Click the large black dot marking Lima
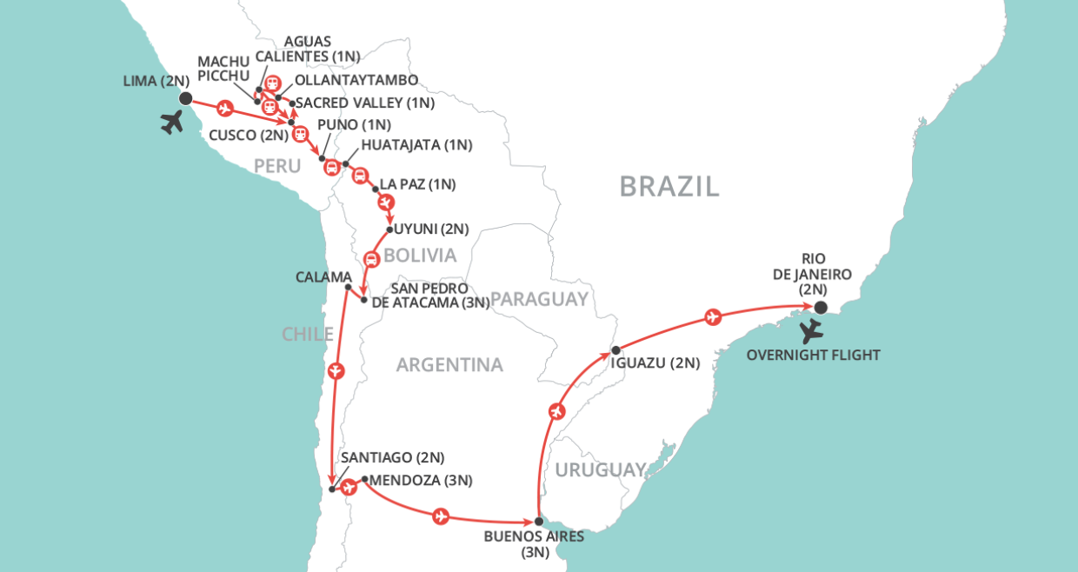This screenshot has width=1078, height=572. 185,99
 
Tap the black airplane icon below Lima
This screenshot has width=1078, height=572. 173,123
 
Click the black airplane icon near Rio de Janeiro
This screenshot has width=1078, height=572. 812,330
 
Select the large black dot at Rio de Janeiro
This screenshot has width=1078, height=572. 820,307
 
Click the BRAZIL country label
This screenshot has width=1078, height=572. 669,186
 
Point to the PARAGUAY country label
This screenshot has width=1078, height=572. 539,299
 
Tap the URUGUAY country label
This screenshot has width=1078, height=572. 601,469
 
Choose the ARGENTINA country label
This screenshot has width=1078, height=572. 449,365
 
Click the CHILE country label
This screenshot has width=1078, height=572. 308,335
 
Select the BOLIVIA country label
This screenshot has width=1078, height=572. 420,256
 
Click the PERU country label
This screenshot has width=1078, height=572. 277,165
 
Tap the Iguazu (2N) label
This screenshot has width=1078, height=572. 655,363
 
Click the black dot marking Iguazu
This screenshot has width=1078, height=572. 615,350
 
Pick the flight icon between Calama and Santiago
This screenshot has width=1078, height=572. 336,371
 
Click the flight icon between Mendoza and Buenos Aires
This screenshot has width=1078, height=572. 440,516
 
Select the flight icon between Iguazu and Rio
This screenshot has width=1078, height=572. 713,317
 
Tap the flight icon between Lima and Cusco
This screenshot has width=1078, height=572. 225,110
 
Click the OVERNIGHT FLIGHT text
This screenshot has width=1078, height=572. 814,355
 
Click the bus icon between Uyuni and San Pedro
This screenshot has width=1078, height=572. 370,258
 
